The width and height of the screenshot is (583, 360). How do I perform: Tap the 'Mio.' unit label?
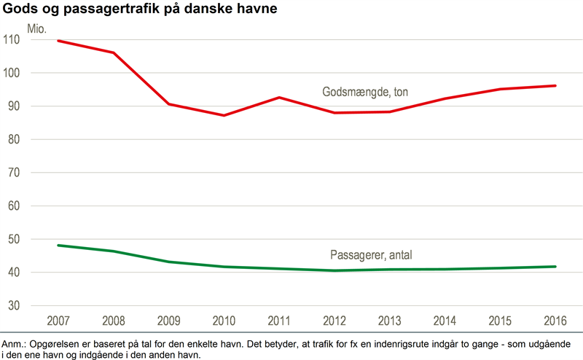tap(36, 29)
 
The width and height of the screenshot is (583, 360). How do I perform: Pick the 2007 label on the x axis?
tap(58, 321)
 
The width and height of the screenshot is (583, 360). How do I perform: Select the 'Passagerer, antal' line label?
tap(372, 255)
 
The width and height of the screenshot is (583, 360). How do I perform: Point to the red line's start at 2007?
tap(58, 41)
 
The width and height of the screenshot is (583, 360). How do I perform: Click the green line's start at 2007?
tap(58, 246)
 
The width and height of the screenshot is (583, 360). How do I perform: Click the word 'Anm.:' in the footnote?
tap(15, 343)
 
